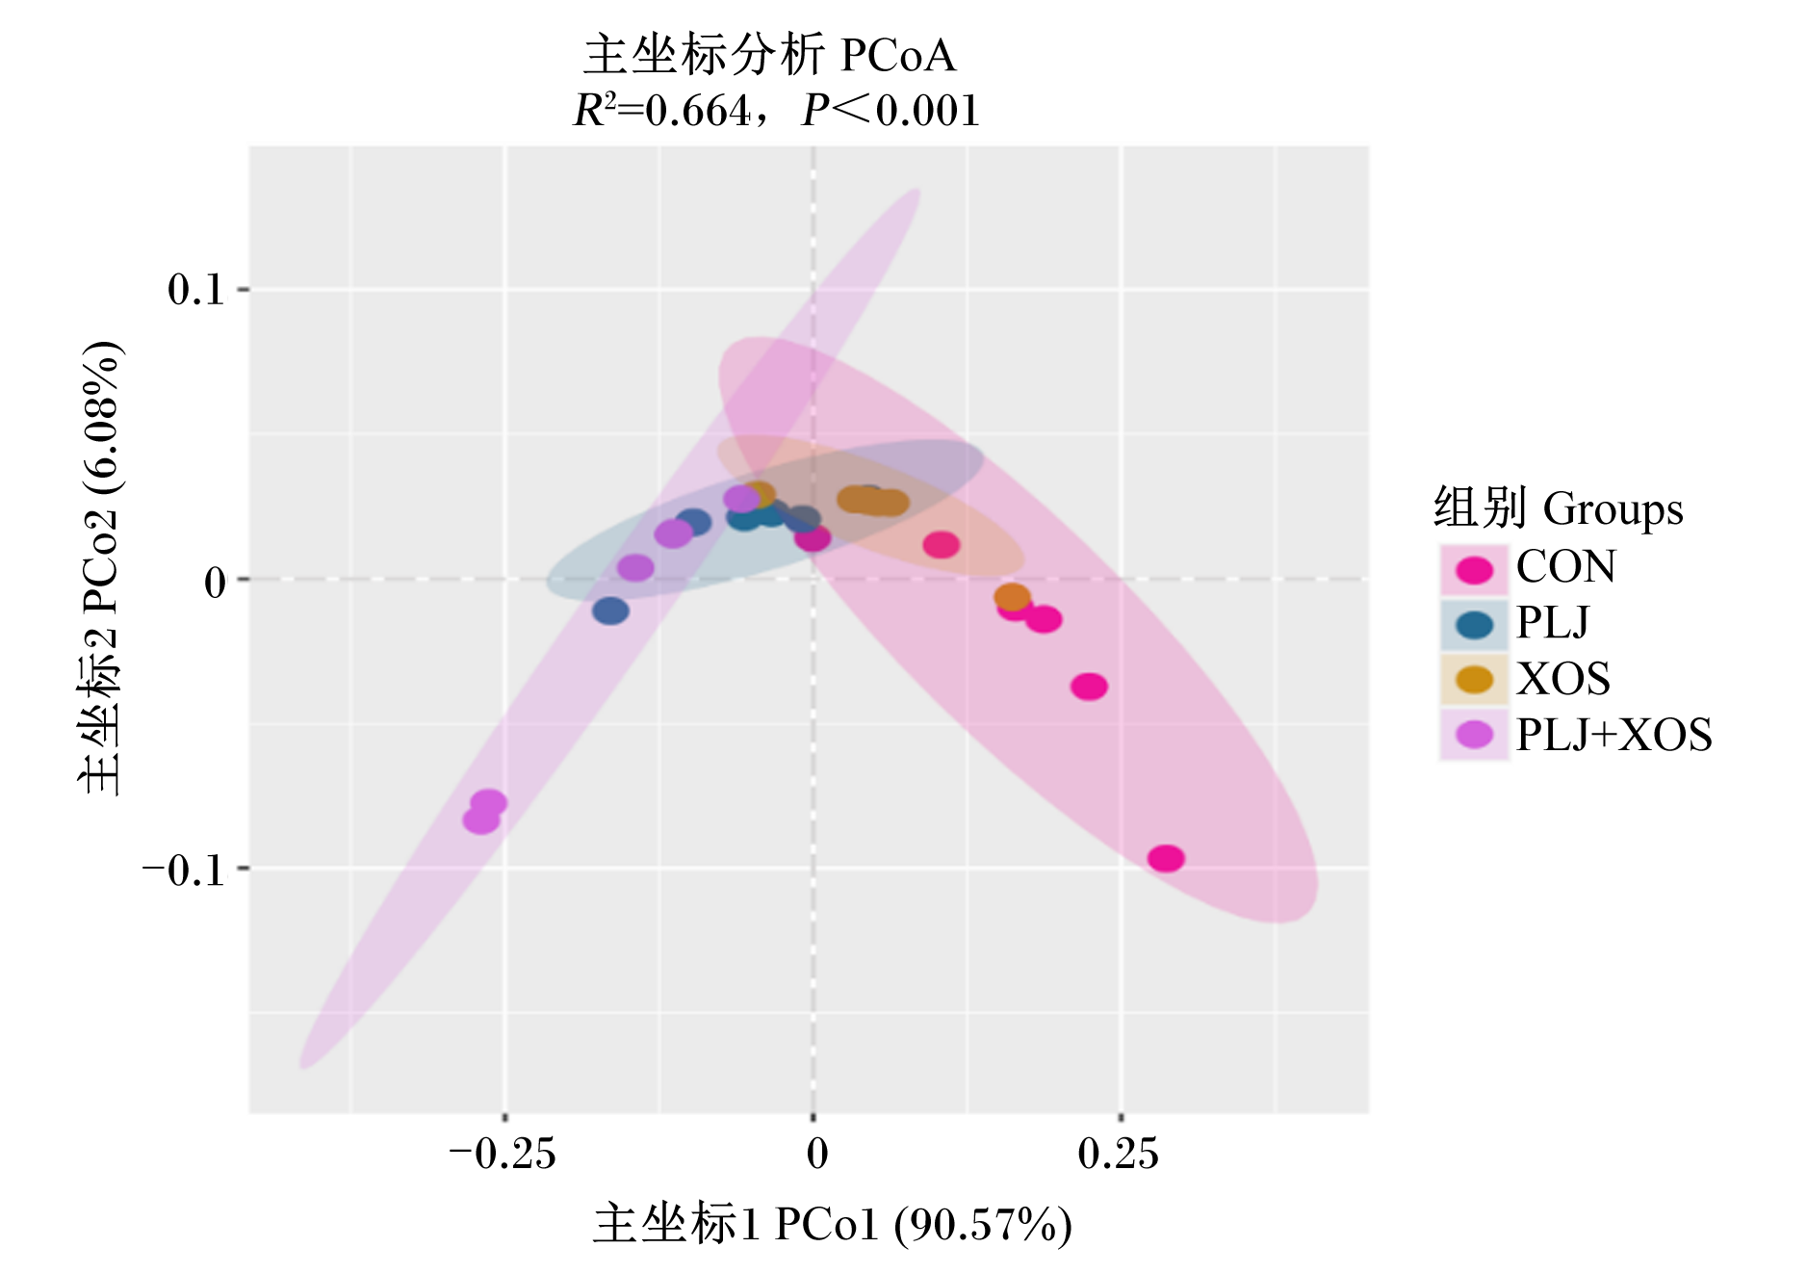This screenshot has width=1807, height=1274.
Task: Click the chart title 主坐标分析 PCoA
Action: coord(769,55)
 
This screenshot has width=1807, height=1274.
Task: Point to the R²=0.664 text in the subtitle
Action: coord(661,110)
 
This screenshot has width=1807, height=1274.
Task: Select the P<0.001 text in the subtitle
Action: coord(891,110)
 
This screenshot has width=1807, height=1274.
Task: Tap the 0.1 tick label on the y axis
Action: coord(195,289)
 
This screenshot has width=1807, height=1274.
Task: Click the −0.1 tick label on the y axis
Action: coord(183,870)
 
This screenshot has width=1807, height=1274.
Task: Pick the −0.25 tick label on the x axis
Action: coord(503,1153)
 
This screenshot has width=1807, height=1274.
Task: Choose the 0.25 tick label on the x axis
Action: coord(1119,1153)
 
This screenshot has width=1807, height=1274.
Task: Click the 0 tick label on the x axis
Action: coord(816,1153)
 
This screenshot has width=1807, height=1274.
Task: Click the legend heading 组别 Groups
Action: coord(1558,507)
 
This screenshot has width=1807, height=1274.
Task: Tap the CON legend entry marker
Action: coord(1474,569)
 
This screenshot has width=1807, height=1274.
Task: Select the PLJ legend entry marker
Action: coord(1474,625)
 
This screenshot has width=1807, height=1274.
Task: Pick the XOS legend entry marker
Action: coord(1474,680)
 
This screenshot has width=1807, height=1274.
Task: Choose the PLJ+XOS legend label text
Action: coord(1614,735)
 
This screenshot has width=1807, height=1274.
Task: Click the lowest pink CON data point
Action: coord(1166,858)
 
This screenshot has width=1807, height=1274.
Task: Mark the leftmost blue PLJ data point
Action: coord(610,611)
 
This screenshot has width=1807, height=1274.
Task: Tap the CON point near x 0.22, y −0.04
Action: coord(1089,687)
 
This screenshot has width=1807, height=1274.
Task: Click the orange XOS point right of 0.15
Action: coord(1012,597)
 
